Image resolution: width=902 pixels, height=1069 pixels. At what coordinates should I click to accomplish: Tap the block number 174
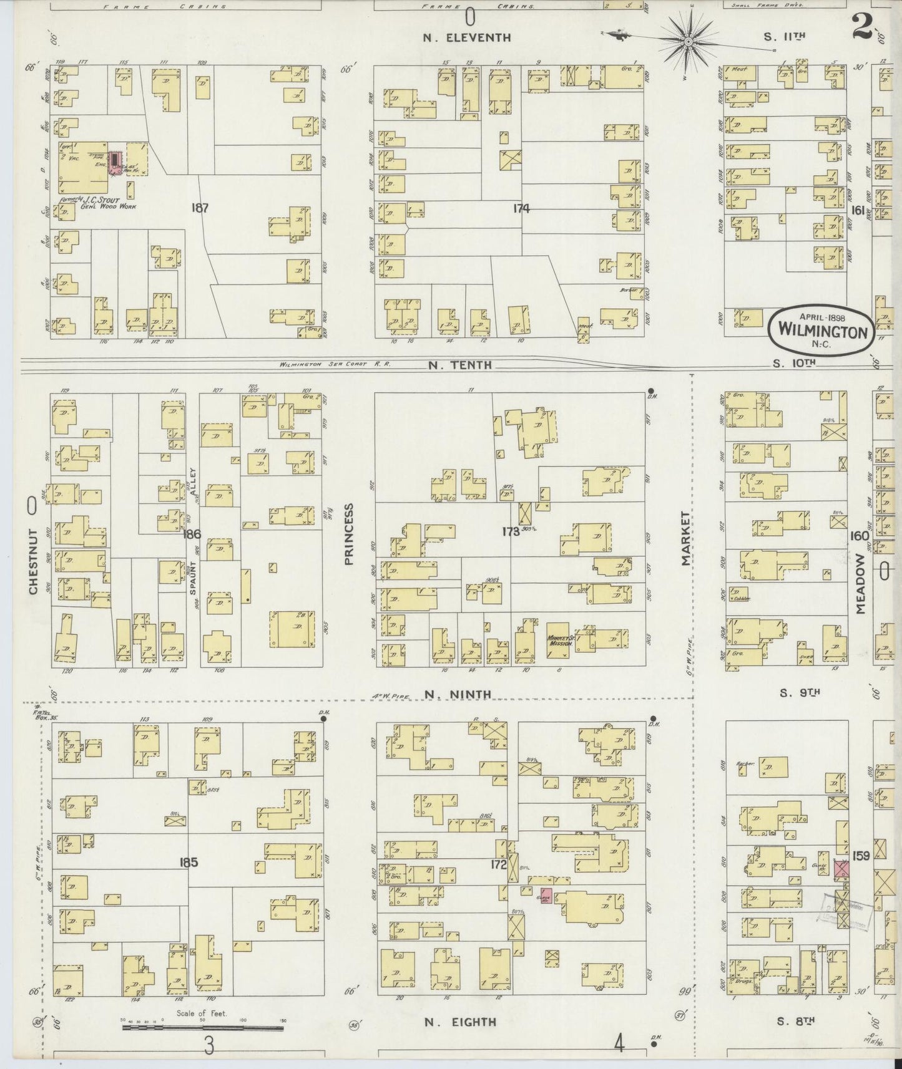click(x=521, y=208)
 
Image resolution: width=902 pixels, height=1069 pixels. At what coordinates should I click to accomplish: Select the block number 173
click(x=511, y=532)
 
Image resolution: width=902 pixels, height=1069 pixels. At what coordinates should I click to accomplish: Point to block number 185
click(x=188, y=863)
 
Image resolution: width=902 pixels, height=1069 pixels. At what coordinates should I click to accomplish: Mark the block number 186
click(x=192, y=534)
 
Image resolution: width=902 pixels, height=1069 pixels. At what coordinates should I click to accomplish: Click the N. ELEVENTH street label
click(x=467, y=37)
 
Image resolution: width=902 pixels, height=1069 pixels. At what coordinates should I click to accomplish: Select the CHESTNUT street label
click(x=33, y=561)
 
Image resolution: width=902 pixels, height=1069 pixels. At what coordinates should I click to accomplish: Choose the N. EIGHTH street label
click(x=460, y=1022)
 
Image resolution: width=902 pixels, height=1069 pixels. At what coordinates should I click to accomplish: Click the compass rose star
click(x=688, y=41)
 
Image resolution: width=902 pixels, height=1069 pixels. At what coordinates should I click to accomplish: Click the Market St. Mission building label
click(x=559, y=641)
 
